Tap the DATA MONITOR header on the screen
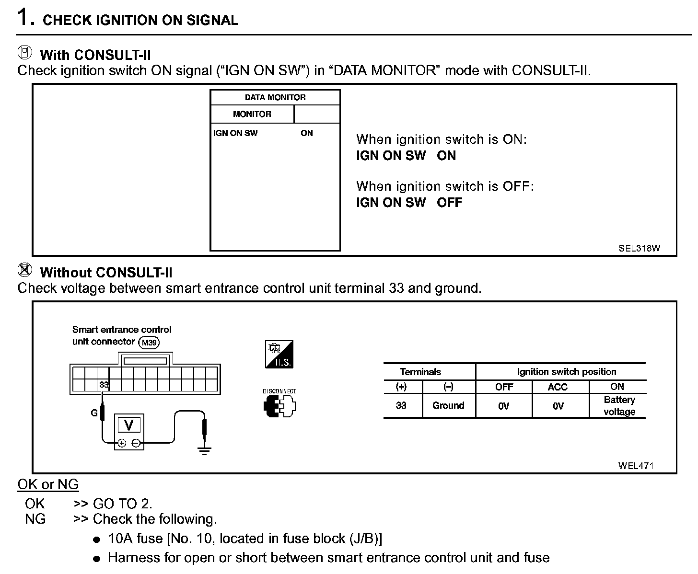(275, 97)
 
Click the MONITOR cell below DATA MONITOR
(252, 114)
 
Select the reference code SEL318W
(639, 248)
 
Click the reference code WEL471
(636, 465)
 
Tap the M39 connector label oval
(149, 343)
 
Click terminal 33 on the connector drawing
(104, 384)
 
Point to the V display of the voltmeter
(128, 425)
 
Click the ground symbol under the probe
(205, 450)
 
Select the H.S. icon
(279, 355)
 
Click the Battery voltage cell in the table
(619, 406)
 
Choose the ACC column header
(558, 387)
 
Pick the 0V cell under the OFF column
(503, 406)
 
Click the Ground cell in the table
(448, 405)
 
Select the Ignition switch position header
(566, 372)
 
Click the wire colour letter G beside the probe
(94, 412)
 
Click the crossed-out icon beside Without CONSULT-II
(25, 270)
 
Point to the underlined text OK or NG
(48, 484)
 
